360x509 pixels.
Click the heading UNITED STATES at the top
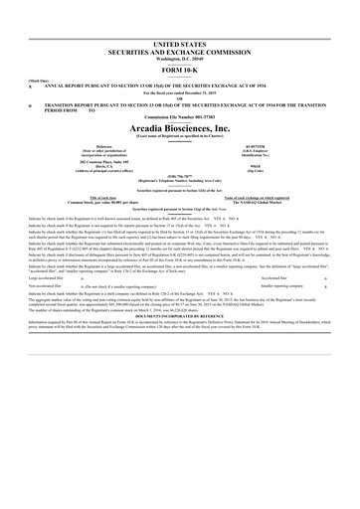(x=179, y=46)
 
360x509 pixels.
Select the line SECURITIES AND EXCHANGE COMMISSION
(x=179, y=54)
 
